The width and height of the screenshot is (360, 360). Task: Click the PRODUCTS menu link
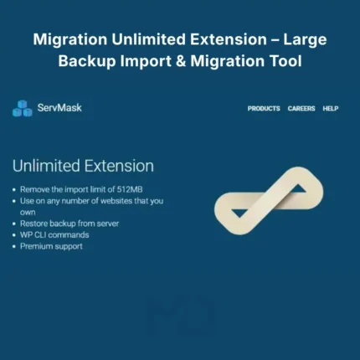(264, 108)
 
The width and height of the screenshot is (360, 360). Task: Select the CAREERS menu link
(301, 108)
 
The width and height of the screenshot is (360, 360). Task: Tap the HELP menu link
(331, 108)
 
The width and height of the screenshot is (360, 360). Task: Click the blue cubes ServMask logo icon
(23, 108)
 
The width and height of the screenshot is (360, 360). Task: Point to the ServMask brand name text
(59, 107)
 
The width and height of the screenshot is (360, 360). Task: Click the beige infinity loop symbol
(269, 201)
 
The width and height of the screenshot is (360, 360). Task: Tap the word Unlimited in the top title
(148, 39)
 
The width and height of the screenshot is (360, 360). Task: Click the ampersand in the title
(181, 61)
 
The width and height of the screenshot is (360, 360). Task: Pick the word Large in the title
(305, 40)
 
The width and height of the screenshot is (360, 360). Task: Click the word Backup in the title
(87, 61)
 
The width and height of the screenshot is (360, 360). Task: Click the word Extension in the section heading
(119, 166)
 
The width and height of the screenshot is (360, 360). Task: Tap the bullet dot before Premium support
(14, 247)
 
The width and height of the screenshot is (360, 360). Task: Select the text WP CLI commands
(54, 234)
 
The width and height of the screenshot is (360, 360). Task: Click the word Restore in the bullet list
(33, 224)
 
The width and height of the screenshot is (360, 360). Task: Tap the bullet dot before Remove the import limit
(14, 190)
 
